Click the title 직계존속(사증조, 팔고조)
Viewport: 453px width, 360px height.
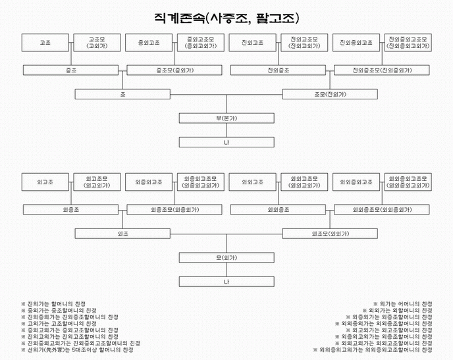pos(226,17)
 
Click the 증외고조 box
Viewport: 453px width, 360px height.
pos(149,43)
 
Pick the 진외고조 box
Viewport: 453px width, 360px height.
pos(253,43)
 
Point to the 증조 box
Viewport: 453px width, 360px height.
pos(71,69)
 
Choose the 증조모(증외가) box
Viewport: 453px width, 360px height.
pos(174,69)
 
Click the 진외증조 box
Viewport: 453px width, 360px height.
pos(279,69)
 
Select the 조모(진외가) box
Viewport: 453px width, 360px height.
pos(331,94)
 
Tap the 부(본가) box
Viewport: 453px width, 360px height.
pos(226,118)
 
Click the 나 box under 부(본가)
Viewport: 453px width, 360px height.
pos(226,142)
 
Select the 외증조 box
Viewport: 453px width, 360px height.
pos(71,209)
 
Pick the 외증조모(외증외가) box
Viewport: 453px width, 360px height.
pos(174,209)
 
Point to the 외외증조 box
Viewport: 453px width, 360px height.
pos(279,209)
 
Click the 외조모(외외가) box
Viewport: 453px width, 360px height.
pos(331,234)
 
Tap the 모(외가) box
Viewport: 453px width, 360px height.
pos(226,258)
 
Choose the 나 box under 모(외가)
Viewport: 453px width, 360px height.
pos(226,282)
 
